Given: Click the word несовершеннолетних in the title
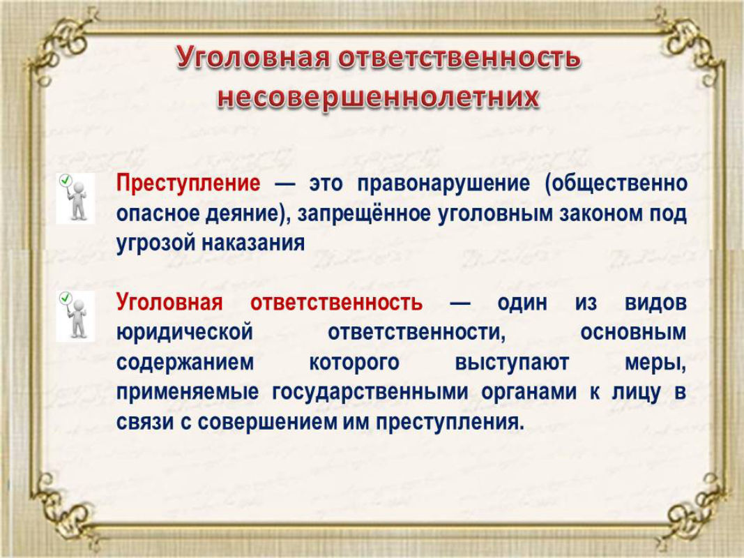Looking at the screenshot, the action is tap(378, 98).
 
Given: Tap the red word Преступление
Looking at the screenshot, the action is tap(188, 183).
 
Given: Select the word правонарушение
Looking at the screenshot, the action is tap(443, 184).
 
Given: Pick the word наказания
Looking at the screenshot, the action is tap(254, 243).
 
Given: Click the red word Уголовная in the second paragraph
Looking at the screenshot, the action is tap(169, 303).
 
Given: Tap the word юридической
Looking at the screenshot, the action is tap(185, 333).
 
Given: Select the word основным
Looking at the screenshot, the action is tap(633, 333).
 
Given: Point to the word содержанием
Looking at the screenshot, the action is tap(185, 363).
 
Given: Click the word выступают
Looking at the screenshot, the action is tap(512, 363).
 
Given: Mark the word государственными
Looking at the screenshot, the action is tap(370, 393).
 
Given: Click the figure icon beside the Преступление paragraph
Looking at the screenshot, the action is tap(75, 198).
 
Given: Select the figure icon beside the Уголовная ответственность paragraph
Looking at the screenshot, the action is tap(75, 317).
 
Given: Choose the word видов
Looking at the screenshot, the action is tap(655, 303).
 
